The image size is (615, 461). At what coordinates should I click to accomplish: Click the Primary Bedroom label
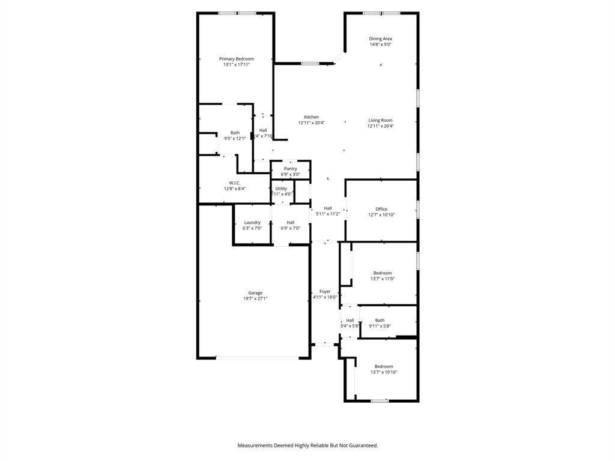236,59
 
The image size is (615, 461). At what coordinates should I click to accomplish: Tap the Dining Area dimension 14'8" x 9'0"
380,44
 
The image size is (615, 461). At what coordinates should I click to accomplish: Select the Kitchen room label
311,117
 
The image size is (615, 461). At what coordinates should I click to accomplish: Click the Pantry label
291,169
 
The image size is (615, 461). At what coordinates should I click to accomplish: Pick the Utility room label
281,188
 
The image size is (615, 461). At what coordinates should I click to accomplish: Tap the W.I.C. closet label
234,182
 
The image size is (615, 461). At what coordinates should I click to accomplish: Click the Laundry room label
252,223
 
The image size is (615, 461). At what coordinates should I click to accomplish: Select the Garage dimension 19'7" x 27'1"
255,298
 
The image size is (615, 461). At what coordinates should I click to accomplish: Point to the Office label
381,209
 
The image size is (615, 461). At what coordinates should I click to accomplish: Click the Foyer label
325,291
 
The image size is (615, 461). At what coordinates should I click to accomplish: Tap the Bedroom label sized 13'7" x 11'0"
382,273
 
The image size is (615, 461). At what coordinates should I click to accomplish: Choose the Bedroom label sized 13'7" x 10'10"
384,366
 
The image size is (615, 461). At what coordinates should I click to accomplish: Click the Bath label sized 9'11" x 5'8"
380,321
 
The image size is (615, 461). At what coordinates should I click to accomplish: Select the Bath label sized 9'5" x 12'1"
235,133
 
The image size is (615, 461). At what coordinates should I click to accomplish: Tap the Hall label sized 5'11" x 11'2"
328,208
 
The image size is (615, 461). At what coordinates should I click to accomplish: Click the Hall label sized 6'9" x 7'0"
291,223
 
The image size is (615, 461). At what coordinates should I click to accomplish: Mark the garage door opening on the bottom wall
256,358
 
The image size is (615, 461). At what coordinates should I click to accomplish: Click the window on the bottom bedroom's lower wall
379,400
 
